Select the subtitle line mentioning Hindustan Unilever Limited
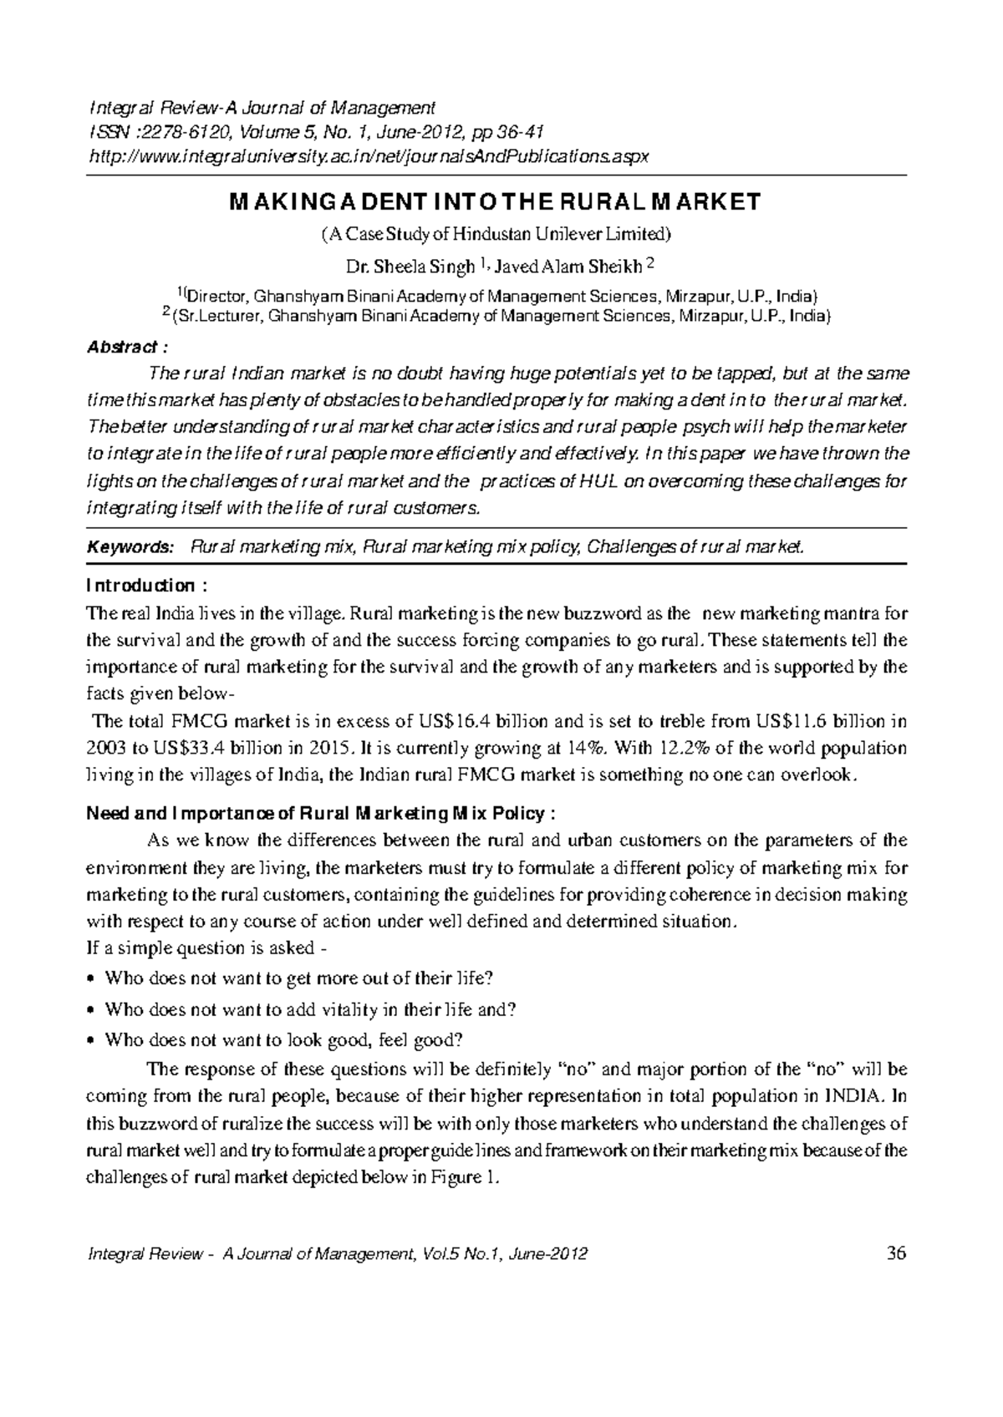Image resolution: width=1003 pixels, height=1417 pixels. tap(496, 233)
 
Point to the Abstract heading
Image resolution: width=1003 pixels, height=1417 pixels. tap(121, 347)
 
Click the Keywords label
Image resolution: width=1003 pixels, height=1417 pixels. tap(130, 546)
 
